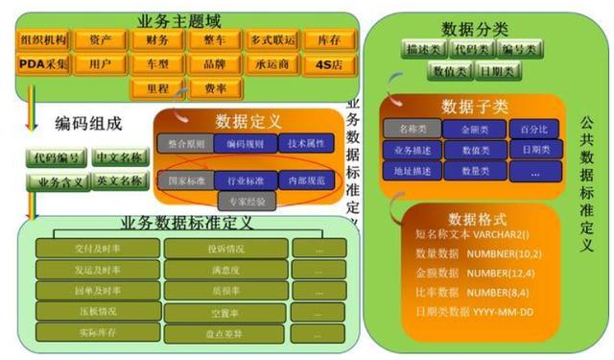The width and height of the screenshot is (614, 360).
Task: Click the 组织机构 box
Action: (42, 40)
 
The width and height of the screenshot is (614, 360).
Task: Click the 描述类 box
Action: (424, 48)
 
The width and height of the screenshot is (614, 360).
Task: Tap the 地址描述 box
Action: (412, 171)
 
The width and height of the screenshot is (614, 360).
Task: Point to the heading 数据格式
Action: (477, 220)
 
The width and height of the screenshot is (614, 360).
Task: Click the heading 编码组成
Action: (91, 122)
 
